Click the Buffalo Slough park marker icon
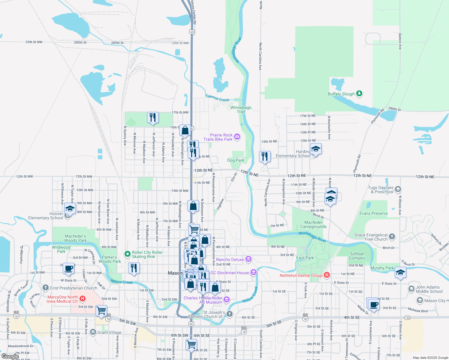click(359, 94)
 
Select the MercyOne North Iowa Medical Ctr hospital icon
click(83, 299)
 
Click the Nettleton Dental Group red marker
click(327, 275)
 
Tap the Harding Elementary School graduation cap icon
click(315, 148)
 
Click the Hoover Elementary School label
click(46, 216)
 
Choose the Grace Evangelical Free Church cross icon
click(392, 237)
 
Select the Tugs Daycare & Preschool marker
click(398, 189)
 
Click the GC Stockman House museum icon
click(254, 272)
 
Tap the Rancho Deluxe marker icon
click(248, 259)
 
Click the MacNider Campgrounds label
click(313, 224)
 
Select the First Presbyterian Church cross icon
click(46, 288)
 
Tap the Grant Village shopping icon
click(93, 332)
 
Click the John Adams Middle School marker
click(411, 289)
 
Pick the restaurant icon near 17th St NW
click(153, 117)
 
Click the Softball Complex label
click(357, 256)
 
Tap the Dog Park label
click(236, 160)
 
